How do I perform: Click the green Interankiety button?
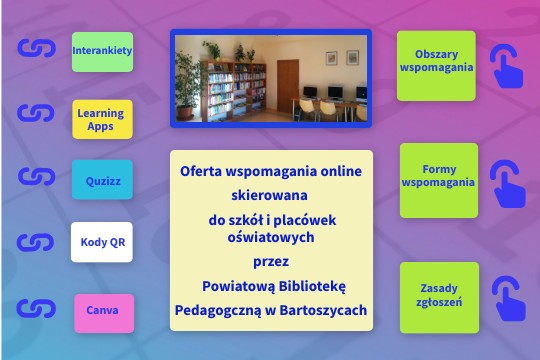point(102,50)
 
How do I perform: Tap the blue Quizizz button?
point(102,181)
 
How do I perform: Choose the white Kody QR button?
point(102,242)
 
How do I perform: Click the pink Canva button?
point(102,311)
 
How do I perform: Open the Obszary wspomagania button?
point(436,65)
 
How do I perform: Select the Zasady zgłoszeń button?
point(439,297)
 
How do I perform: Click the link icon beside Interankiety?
point(37,49)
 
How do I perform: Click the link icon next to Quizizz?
point(37,178)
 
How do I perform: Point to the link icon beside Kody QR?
point(37,243)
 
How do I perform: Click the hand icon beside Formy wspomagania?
point(507,182)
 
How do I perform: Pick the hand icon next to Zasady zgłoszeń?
point(507,298)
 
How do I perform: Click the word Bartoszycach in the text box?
point(323,310)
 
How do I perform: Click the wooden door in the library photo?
point(287,81)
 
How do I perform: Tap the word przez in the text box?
point(271,263)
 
